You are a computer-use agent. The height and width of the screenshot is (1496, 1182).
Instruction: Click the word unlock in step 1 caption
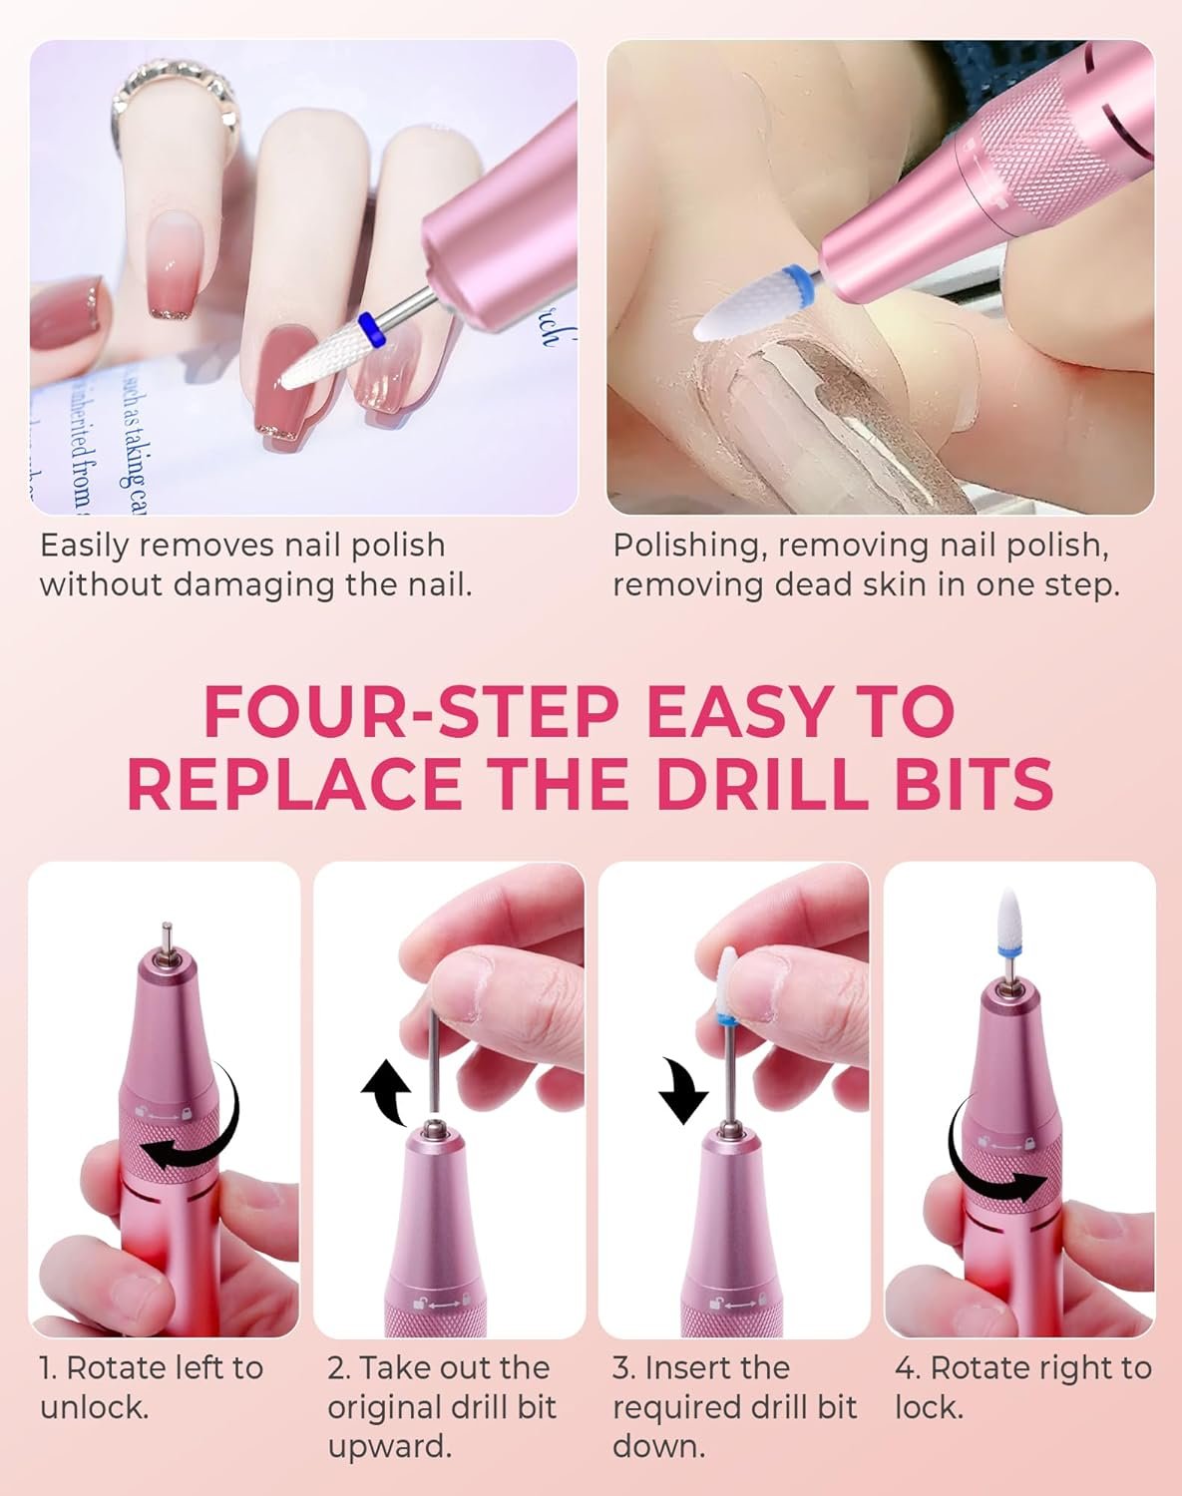point(95,1388)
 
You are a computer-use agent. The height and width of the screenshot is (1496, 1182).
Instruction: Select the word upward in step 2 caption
point(390,1429)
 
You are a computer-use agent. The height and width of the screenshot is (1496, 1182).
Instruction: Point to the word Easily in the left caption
point(84,547)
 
